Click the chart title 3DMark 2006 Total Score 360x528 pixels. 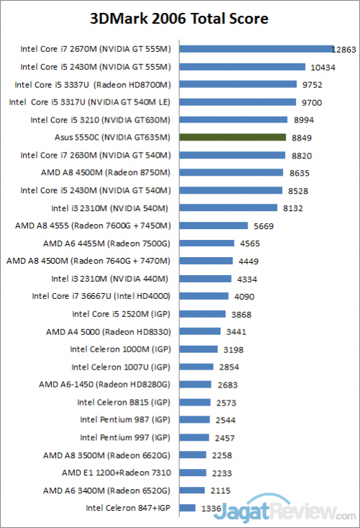coord(179,17)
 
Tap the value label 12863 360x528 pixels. coord(344,50)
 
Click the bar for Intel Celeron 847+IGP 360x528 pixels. coord(187,508)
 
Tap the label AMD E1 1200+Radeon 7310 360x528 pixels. coord(117,473)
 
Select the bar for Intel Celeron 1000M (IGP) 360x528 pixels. coord(199,349)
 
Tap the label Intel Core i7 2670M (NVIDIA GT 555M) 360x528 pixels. coord(96,49)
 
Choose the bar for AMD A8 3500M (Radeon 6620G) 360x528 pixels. coord(194,455)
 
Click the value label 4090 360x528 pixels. coord(242,296)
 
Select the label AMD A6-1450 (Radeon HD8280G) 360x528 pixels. coord(105,384)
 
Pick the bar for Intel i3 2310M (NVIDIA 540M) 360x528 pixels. coord(231,207)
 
